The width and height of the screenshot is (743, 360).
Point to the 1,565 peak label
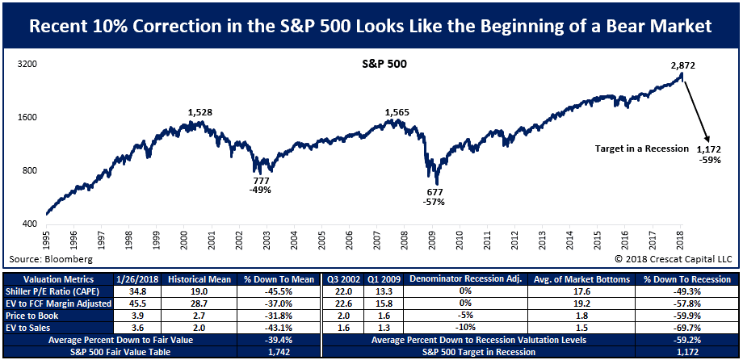coord(397,112)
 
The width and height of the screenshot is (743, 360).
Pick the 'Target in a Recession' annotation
coord(640,149)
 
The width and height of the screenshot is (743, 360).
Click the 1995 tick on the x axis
coord(47,240)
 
